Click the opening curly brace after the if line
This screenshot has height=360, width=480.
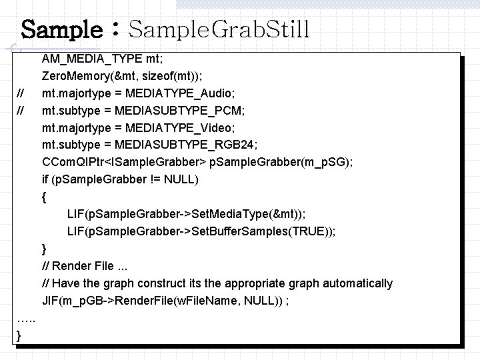tap(44, 197)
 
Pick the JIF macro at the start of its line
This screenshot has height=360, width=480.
tap(49, 301)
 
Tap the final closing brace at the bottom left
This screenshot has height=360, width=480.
tap(18, 336)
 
